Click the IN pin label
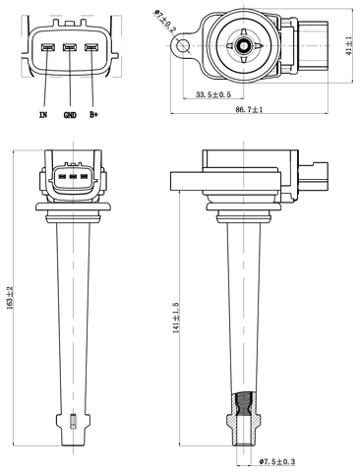(x=42, y=115)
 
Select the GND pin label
(x=69, y=115)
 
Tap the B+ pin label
(x=93, y=115)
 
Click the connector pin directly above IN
(x=46, y=47)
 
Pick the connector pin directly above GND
(x=69, y=47)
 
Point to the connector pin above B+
(x=91, y=47)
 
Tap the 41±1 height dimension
(x=349, y=45)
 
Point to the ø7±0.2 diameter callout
(x=164, y=21)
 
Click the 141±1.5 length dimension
(x=177, y=317)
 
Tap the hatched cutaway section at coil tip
(x=245, y=404)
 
